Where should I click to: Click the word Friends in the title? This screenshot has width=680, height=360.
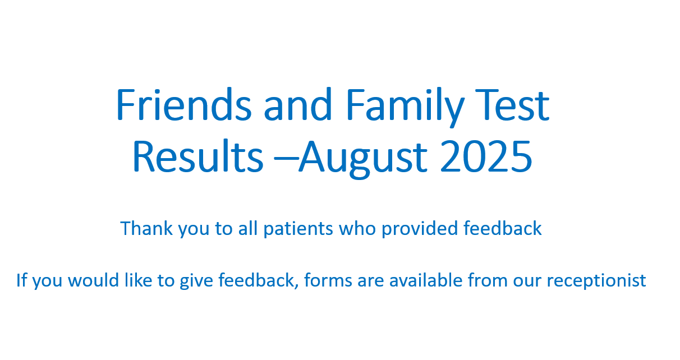184,105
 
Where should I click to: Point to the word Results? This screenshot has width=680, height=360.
198,156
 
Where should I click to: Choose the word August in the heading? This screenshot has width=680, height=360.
363,159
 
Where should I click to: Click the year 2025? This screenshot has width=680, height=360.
486,157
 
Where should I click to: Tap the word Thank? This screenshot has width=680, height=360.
146,228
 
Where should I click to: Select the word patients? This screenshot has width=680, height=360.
298,229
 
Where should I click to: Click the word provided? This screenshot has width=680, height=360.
420,229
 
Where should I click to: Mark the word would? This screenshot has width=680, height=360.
93,280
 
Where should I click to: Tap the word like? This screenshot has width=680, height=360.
138,280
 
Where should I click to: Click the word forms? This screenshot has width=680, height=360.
328,280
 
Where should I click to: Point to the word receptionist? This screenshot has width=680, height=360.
596,281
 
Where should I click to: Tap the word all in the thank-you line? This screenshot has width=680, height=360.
248,228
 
